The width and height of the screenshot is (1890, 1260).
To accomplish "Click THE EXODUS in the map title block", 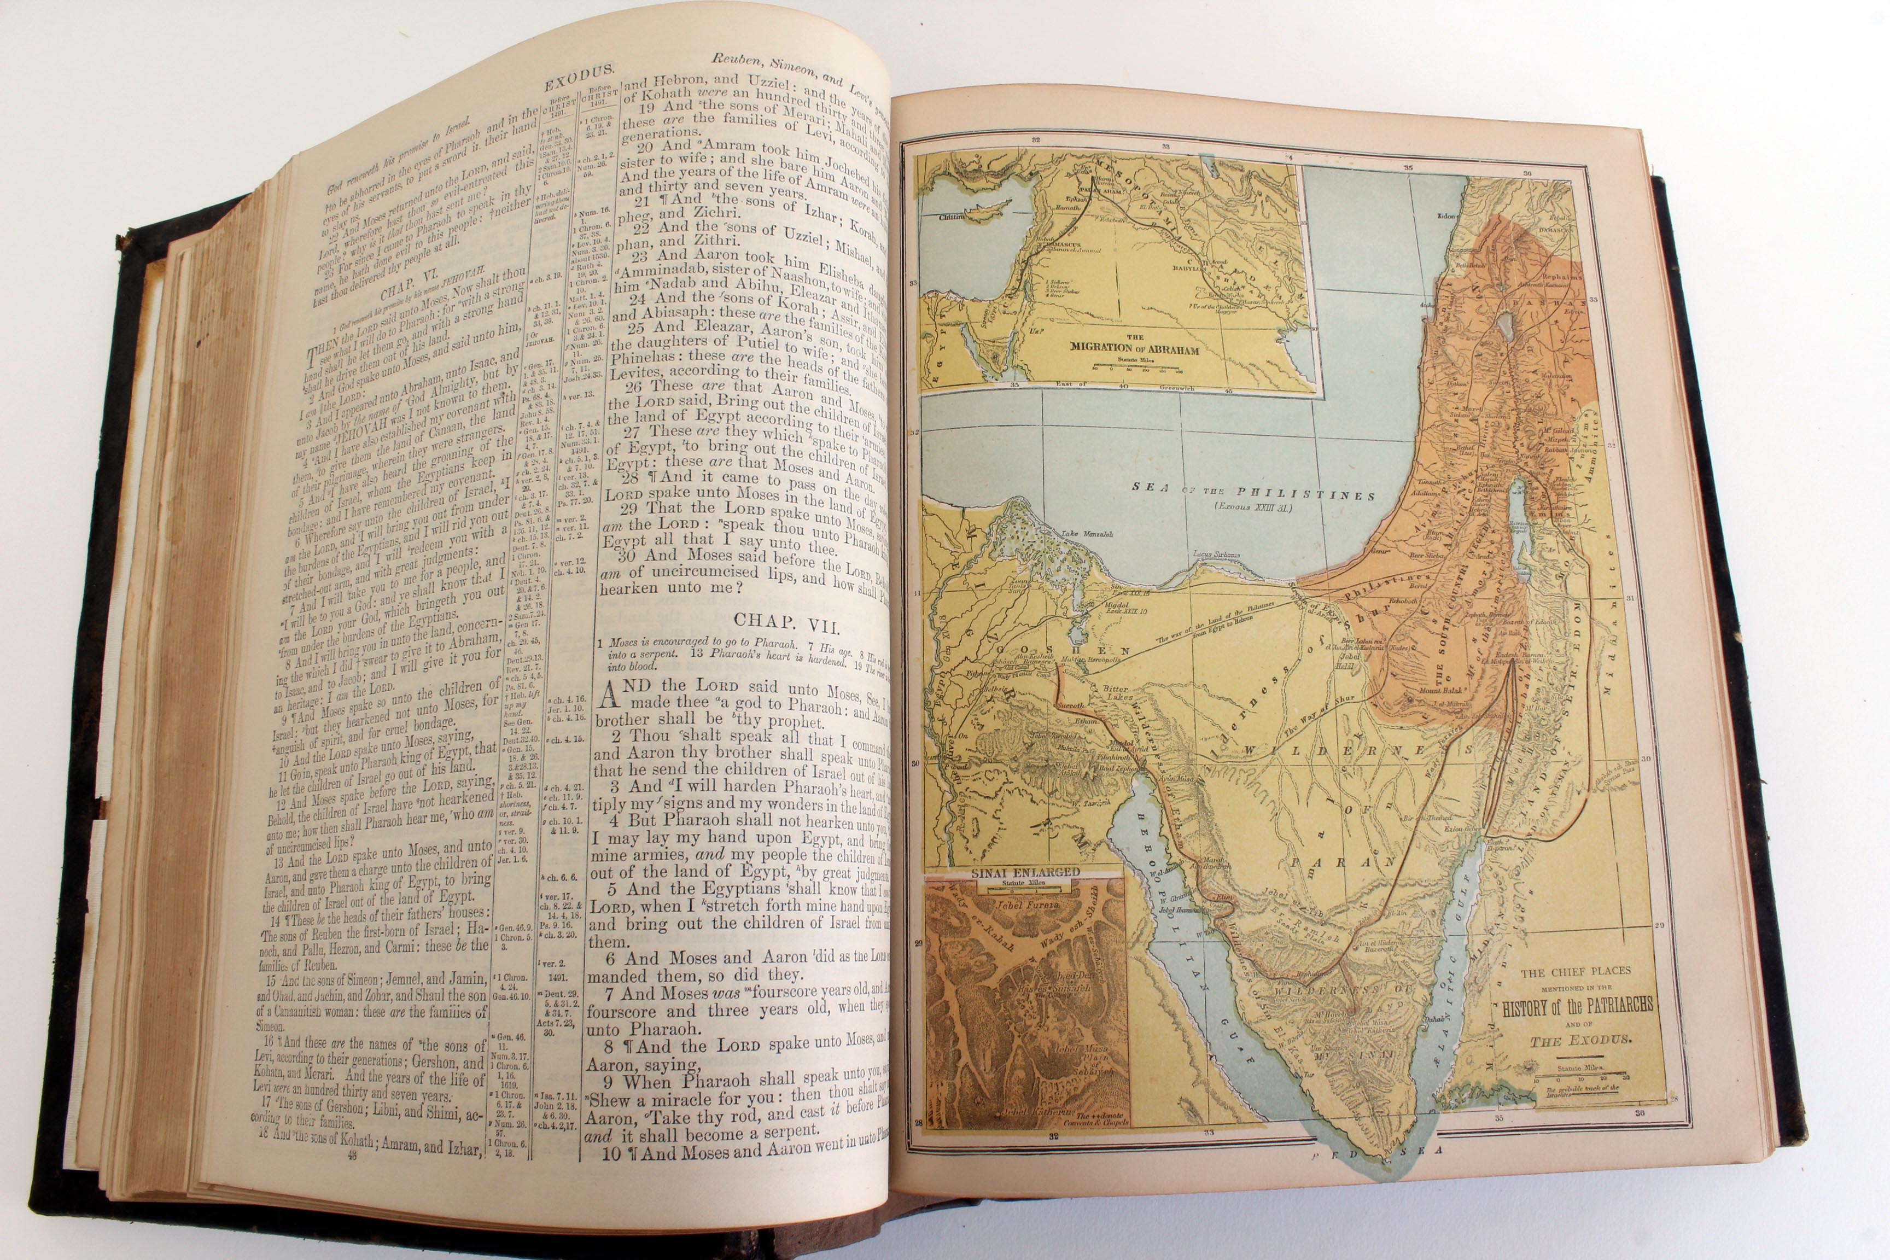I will tap(1580, 1040).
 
